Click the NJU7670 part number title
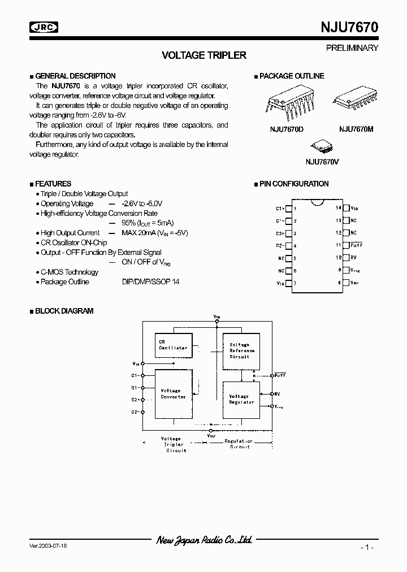click(x=345, y=27)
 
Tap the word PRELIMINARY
click(x=352, y=48)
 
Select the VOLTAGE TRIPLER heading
click(x=204, y=55)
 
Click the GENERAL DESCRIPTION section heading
click(x=75, y=76)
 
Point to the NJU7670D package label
click(x=287, y=129)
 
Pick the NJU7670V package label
click(x=322, y=162)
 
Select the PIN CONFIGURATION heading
click(x=293, y=184)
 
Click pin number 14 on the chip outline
click(x=339, y=208)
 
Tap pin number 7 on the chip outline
click(x=295, y=283)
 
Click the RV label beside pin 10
click(x=353, y=258)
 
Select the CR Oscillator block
click(x=173, y=345)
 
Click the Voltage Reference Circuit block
click(x=240, y=350)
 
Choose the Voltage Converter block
click(x=173, y=393)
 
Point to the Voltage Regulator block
click(x=240, y=400)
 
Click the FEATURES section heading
click(x=53, y=184)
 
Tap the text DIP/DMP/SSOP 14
click(x=150, y=281)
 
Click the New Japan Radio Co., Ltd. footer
click(x=204, y=540)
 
